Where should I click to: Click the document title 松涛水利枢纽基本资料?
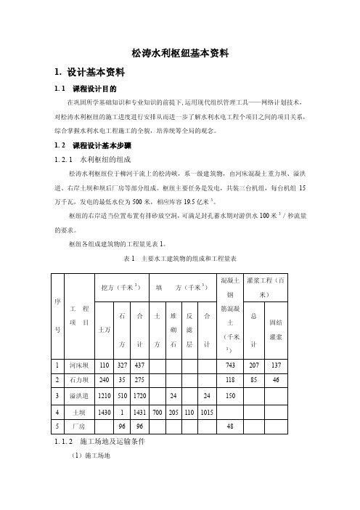click(180, 53)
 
